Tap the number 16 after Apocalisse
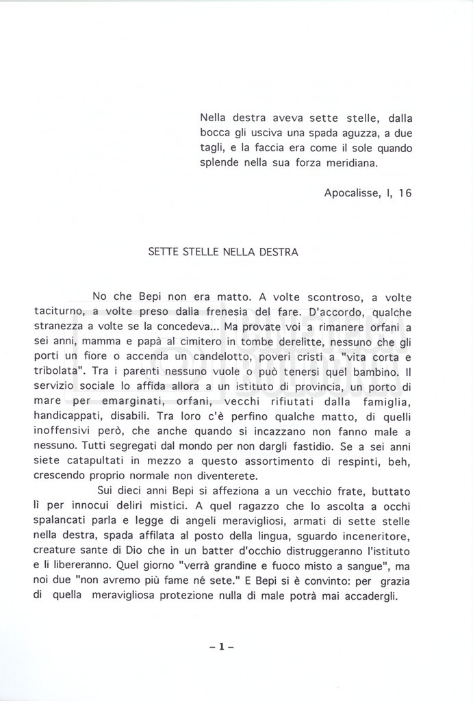tap(405, 193)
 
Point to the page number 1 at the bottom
tap(222, 646)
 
